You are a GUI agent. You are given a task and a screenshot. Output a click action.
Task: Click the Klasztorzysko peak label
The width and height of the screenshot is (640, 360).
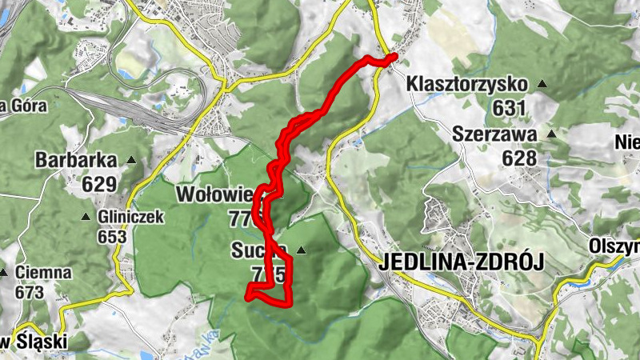pyautogui.click(x=467, y=83)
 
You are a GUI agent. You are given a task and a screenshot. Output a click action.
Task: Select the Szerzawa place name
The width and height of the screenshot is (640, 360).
pyautogui.click(x=492, y=134)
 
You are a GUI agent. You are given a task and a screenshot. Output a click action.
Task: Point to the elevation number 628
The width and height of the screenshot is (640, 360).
pyautogui.click(x=519, y=158)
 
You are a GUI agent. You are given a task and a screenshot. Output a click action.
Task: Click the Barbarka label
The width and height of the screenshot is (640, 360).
pyautogui.click(x=76, y=160)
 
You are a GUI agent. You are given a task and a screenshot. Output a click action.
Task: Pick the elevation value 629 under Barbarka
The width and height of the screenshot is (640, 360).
pyautogui.click(x=98, y=184)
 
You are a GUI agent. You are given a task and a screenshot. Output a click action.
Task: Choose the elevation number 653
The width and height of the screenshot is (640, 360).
pyautogui.click(x=112, y=237)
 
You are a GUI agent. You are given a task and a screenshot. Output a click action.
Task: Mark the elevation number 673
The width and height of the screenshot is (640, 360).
pyautogui.click(x=29, y=292)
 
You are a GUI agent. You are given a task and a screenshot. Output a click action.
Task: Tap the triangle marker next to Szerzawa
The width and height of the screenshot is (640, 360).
pyautogui.click(x=550, y=134)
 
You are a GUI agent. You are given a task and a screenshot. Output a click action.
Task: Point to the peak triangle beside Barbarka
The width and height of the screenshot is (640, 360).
pyautogui.click(x=131, y=160)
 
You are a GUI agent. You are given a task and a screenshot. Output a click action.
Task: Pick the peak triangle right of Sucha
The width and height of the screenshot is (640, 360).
pyautogui.click(x=301, y=250)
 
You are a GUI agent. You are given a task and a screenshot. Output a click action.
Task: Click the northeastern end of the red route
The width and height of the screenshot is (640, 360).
pyautogui.click(x=393, y=56)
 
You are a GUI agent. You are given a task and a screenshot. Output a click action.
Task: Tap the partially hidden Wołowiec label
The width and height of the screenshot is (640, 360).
pyautogui.click(x=214, y=194)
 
